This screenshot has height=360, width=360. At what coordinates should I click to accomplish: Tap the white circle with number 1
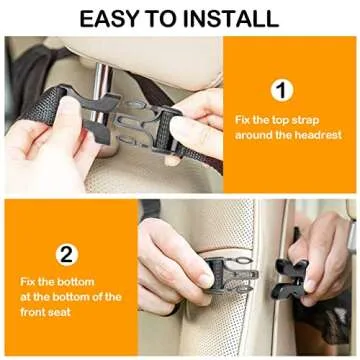(284, 91)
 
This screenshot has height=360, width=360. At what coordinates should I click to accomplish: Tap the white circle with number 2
(66, 253)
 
